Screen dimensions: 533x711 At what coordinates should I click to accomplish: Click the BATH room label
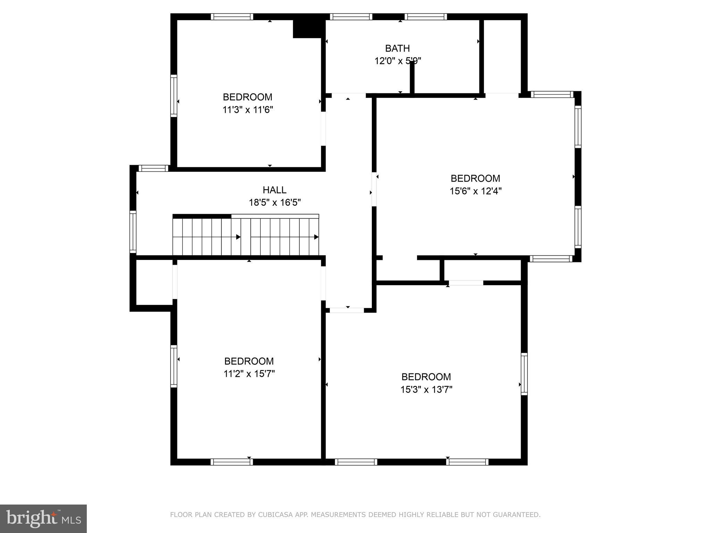[397, 48]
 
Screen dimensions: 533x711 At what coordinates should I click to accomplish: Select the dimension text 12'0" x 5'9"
[398, 61]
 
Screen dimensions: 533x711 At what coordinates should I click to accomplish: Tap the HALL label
[274, 190]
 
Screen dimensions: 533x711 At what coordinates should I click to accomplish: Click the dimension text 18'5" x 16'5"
[275, 202]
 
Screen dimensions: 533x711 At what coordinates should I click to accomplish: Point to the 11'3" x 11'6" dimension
[248, 110]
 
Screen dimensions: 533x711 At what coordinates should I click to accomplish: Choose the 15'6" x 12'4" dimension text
[475, 191]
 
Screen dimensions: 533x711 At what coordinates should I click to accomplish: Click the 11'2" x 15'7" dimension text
[249, 374]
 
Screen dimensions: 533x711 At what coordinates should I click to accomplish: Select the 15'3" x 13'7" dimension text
[426, 390]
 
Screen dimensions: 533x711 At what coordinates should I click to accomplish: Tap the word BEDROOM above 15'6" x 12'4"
[475, 178]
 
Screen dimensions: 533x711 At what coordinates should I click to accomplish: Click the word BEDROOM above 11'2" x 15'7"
[249, 361]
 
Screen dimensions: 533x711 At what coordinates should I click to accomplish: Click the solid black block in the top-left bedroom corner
[307, 29]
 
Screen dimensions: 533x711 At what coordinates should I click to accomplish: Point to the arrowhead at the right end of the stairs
[316, 237]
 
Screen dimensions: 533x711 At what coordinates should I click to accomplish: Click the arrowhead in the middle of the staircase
[239, 237]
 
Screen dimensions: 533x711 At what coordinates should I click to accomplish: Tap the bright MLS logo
[43, 518]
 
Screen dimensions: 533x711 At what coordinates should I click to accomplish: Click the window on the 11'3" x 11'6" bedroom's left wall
[174, 95]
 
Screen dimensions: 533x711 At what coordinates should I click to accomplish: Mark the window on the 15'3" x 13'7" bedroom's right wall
[524, 374]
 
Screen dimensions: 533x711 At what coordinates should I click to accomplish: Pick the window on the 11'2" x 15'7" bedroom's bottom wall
[232, 462]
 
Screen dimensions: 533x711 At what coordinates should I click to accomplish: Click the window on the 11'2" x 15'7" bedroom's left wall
[174, 366]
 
